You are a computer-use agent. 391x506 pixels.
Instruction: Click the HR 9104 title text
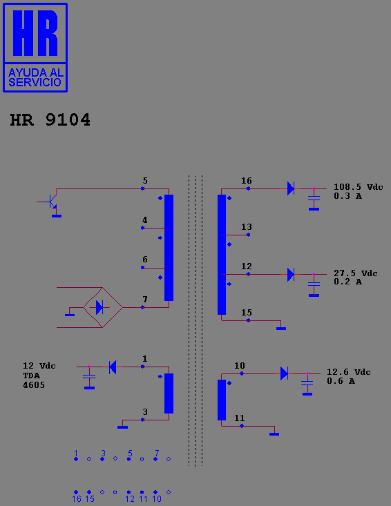[50, 119]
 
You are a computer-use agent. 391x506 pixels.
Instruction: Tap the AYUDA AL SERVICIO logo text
[35, 77]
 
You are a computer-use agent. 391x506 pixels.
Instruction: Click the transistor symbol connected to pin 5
[51, 202]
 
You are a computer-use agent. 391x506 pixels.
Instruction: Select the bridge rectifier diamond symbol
[103, 308]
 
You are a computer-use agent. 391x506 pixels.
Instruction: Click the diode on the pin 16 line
[291, 188]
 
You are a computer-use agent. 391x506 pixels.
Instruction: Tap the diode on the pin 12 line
[291, 275]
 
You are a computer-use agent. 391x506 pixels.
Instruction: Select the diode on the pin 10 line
[284, 373]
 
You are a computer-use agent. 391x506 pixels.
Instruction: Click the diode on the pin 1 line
[113, 367]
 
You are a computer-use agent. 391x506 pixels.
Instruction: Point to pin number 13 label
[247, 227]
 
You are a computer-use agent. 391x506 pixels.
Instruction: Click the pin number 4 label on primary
[145, 220]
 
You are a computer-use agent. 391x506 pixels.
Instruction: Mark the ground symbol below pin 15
[281, 329]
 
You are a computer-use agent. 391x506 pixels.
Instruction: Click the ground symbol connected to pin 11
[274, 434]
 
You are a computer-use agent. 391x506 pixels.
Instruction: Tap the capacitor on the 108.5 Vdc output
[314, 198]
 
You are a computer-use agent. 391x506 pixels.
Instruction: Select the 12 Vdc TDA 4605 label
[39, 376]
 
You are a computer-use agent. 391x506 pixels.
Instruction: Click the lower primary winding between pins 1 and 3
[169, 393]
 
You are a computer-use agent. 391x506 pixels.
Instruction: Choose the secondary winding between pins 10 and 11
[222, 400]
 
